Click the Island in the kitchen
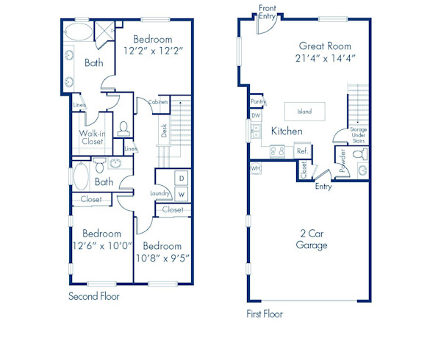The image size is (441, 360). [304, 112]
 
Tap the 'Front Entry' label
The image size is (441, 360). [268, 12]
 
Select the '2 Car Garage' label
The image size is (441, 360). [312, 240]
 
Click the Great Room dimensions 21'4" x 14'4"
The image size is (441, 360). [325, 58]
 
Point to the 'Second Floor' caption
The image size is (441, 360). [93, 297]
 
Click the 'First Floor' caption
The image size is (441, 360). [265, 314]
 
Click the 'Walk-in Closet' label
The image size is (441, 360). [92, 137]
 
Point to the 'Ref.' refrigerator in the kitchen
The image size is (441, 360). [301, 151]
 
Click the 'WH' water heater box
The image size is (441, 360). [255, 168]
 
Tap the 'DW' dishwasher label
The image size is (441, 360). [256, 115]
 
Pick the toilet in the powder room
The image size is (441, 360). [358, 155]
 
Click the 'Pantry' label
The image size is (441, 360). [257, 101]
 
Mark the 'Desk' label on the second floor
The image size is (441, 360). [164, 131]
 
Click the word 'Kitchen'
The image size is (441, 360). [286, 131]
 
